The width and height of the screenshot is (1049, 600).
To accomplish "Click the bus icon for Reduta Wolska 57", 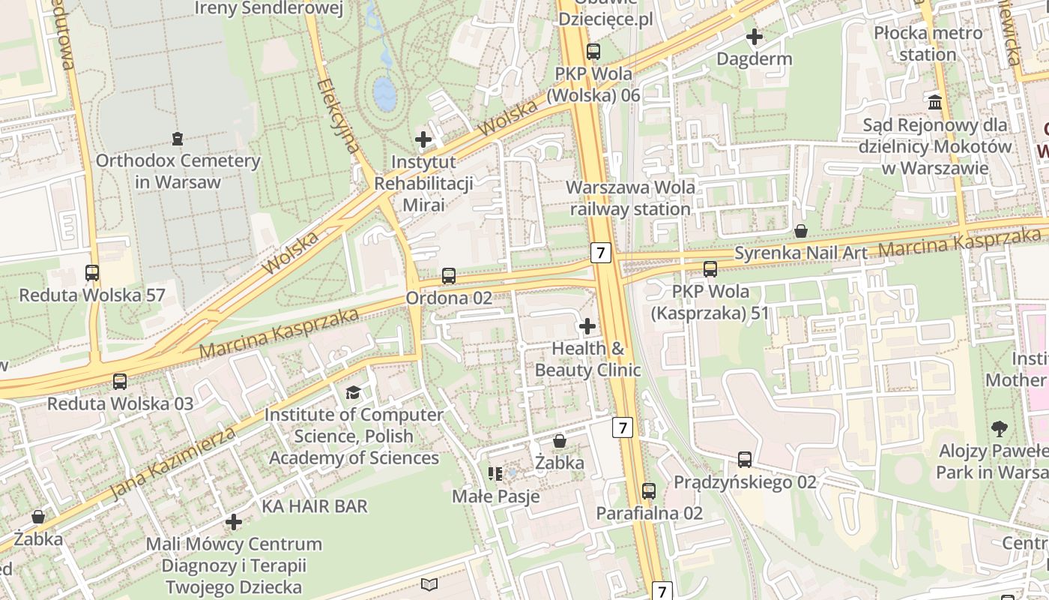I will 92,273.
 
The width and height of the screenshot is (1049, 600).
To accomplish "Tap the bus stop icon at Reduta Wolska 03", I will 120,381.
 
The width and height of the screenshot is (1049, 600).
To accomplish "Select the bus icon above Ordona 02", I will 449,276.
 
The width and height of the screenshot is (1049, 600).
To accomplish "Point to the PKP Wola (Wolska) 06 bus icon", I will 593,52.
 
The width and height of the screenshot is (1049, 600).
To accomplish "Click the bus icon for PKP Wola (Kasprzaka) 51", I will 710,268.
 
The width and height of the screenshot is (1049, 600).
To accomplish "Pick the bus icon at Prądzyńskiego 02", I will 744,460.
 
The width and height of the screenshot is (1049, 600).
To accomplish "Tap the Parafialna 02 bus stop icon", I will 649,491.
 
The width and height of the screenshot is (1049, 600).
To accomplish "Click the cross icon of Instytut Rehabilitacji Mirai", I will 423,139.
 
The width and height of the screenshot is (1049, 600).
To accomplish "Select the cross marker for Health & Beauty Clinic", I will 587,326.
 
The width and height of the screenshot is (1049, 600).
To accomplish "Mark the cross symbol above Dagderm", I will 755,36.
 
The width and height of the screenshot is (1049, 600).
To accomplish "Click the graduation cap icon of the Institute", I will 353,392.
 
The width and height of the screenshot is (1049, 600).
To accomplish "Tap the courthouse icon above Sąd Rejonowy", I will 935,102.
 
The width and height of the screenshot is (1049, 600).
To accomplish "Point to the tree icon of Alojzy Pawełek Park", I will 999,429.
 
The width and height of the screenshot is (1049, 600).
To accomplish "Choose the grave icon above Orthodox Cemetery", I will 178,138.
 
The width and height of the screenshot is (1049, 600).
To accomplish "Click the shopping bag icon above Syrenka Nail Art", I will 801,231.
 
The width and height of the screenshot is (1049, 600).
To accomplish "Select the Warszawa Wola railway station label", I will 630,198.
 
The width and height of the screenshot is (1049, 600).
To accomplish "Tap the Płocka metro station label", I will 928,43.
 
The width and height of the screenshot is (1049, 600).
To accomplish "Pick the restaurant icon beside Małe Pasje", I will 495,473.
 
